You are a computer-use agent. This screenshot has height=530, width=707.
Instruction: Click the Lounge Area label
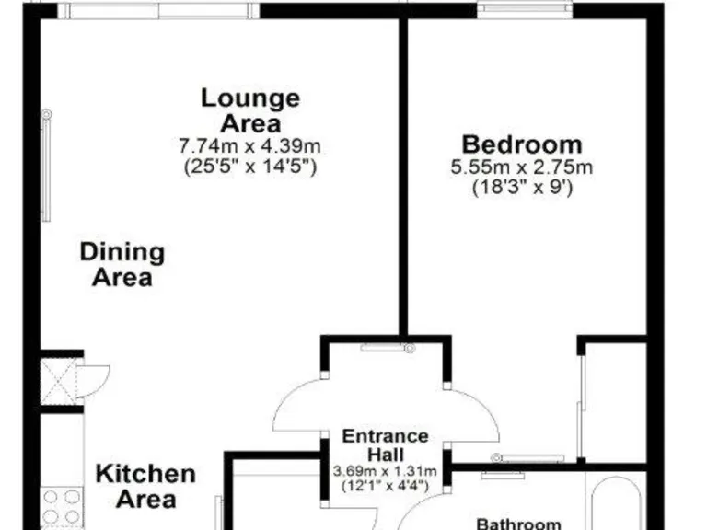[x=250, y=109]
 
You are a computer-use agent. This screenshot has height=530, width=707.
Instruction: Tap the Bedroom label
[x=521, y=144]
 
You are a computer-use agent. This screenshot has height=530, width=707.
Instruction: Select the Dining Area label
[x=122, y=264]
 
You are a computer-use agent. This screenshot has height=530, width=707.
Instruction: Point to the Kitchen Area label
[x=145, y=487]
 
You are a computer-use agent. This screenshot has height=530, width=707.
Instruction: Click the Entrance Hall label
[x=385, y=445]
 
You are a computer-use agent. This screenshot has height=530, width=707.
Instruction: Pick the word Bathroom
[x=518, y=524]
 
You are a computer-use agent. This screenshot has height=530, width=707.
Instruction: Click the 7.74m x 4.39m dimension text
[x=250, y=147]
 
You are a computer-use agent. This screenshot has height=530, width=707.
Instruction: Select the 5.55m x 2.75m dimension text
[x=521, y=167]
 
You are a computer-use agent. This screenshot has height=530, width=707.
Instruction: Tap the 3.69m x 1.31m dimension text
[x=385, y=472]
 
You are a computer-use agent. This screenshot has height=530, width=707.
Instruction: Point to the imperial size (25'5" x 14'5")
[x=250, y=167]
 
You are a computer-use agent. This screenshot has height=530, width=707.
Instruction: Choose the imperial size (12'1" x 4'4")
[x=385, y=485]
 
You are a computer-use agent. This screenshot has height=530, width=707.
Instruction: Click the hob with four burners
[x=62, y=505]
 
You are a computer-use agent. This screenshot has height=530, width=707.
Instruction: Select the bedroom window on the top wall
[x=525, y=10]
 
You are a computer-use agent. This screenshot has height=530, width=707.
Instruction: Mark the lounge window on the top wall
[x=158, y=10]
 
